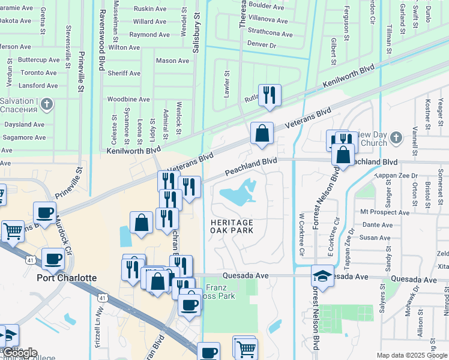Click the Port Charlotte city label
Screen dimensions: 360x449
point(66,278)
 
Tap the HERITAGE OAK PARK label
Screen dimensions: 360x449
point(232,226)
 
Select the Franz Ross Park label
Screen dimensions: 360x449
point(220,292)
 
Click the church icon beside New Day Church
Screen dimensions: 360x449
point(395,139)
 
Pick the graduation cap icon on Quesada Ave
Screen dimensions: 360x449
point(322,277)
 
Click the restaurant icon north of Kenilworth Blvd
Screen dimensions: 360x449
point(270,94)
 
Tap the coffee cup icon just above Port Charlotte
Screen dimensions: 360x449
point(53,258)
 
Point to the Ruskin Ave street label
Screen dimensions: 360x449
point(150,8)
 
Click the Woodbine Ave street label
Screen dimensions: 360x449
point(128,99)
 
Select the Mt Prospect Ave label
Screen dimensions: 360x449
point(384,212)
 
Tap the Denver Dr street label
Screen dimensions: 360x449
point(261,45)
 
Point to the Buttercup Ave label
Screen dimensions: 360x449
point(39,60)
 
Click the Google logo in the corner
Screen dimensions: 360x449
point(19,353)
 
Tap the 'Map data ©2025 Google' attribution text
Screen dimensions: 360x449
point(411,355)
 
